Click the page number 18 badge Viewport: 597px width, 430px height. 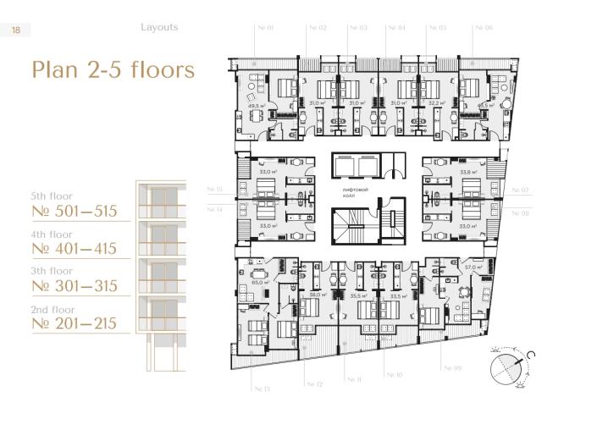pos(16,30)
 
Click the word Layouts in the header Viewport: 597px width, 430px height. pos(159,27)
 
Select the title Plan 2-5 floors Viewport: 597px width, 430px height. pos(113,69)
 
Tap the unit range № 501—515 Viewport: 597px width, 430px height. pos(74,212)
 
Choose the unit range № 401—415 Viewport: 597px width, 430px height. pos(74,249)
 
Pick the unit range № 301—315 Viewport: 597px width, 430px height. pos(74,286)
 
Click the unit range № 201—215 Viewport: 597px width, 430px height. pos(74,323)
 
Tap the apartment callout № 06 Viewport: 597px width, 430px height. pos(484,28)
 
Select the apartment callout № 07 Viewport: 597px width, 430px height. pos(519,190)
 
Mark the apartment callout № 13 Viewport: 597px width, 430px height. pos(262,389)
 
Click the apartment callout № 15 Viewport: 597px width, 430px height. pos(214,190)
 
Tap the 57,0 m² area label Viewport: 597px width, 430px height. pos(473,267)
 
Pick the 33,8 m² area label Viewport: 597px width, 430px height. pos(467,172)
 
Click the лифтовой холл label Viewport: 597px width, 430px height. pos(355,194)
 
